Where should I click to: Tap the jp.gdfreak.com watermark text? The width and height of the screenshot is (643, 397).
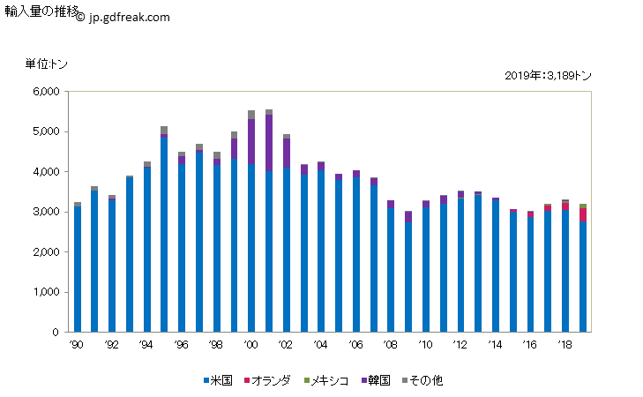point(123,17)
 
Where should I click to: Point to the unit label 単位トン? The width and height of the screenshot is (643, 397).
point(46,64)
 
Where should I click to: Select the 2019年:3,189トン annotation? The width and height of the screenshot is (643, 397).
point(548,76)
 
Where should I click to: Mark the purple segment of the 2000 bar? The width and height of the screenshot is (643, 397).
point(251,141)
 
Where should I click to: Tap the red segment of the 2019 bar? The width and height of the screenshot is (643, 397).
point(582,214)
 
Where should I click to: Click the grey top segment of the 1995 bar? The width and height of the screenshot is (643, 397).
point(164,130)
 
